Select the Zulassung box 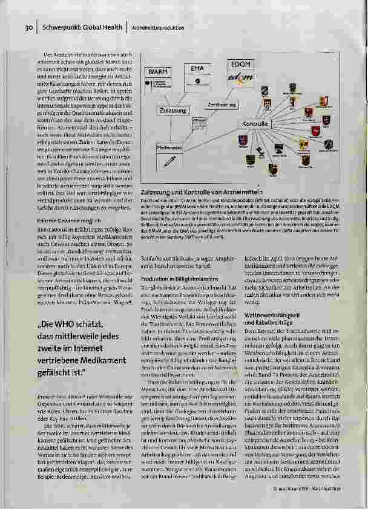pos(173,111)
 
